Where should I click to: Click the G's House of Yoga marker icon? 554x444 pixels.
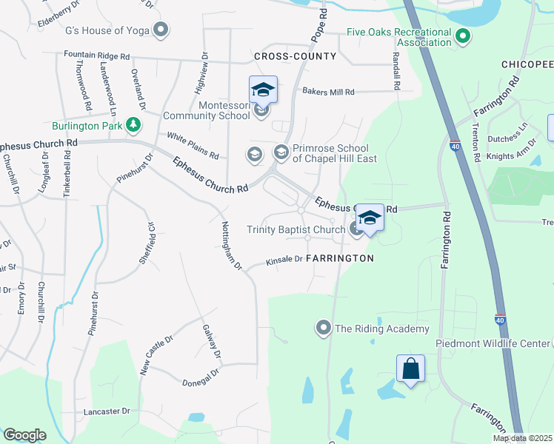[x=160, y=30]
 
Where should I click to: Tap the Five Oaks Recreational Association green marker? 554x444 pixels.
[x=463, y=35]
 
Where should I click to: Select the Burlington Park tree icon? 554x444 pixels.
[x=133, y=124]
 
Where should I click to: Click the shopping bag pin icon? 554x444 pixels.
[x=410, y=369]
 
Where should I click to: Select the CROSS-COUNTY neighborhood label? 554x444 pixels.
[x=295, y=56]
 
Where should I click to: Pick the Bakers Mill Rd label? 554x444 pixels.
[x=328, y=92]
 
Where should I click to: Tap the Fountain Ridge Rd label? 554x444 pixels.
[x=96, y=55]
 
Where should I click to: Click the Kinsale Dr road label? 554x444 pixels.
[x=284, y=260]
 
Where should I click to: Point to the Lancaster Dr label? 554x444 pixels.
[x=107, y=411]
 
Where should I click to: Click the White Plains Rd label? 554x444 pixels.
[x=193, y=146]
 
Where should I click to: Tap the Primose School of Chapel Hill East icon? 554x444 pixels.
[x=281, y=152]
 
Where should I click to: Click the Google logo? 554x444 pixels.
[x=24, y=435]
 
